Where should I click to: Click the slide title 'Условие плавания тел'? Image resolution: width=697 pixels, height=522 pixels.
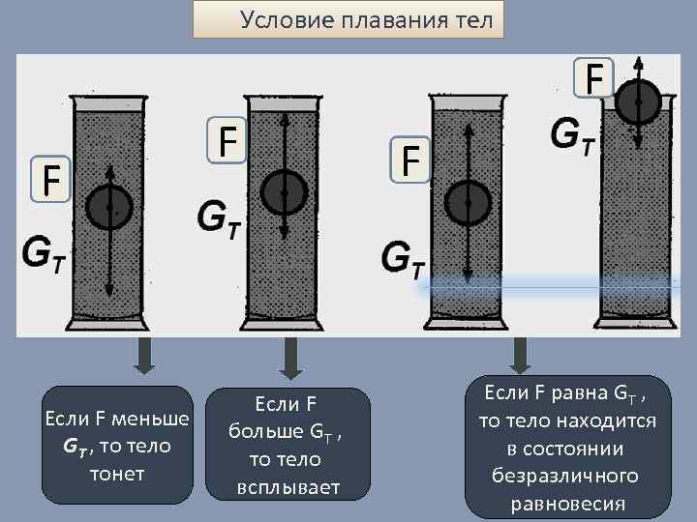pos(365,19)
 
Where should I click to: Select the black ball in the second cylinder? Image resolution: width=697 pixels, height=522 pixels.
pos(284,192)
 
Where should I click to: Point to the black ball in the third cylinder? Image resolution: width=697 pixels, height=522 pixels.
pos(468,203)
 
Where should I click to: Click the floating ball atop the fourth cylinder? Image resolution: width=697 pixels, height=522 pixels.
pos(638,100)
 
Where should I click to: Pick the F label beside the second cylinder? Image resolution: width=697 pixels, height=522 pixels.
pos(228,142)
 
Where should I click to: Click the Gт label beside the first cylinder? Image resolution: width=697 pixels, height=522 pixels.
pos(44,254)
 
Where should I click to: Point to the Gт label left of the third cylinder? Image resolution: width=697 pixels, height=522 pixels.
pos(405,256)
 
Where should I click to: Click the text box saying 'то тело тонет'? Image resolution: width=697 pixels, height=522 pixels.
pos(117,446)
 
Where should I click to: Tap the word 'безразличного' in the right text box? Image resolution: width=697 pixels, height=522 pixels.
pos(565,477)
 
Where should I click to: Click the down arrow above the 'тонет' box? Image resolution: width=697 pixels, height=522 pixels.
pos(144,360)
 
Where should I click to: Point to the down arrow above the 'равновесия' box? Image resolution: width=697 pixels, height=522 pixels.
pos(520,356)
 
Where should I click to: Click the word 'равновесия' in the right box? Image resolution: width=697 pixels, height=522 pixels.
pos(566,504)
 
